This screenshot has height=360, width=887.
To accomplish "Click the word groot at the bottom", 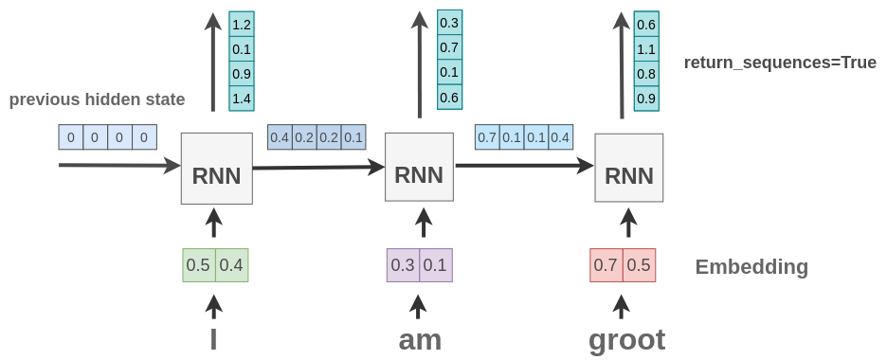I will point(626,339).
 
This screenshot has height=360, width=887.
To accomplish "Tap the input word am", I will point(420,339).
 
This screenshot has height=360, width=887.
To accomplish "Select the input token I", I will point(213,339).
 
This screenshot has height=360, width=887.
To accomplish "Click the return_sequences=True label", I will point(780,63).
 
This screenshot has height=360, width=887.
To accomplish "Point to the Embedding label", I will point(751,267).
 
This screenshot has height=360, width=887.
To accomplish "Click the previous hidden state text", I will point(97,99).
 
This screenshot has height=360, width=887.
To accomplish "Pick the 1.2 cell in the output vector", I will point(242,25).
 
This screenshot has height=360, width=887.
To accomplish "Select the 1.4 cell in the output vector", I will point(242,99).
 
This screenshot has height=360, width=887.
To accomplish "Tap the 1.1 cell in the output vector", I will point(646,49).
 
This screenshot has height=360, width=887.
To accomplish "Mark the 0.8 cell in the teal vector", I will point(646,74).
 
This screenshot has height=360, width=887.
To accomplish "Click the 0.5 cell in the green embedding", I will point(198,265).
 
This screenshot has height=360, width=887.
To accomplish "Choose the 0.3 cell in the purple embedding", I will point(403,265).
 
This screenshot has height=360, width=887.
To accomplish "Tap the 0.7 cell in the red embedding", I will point(606,265).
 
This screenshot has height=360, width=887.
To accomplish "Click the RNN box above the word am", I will point(419,167).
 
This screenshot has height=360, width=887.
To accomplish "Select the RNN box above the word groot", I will point(628,168).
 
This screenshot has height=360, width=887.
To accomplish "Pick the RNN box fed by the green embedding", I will point(216,169).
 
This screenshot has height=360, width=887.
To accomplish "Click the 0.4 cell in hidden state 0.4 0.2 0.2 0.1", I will point(280,137).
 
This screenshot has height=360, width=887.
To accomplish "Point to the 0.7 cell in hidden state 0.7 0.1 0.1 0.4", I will point(487,137).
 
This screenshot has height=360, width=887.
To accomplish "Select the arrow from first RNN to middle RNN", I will point(317,168).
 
